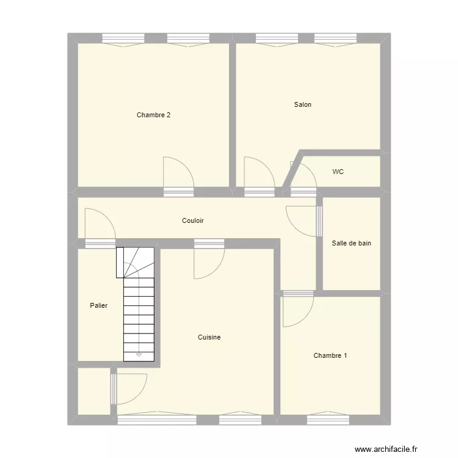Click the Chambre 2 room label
[153, 115]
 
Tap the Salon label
[302, 104]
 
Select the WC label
[338, 172]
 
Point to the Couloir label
[192, 220]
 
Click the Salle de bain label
[351, 243]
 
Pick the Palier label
[98, 305]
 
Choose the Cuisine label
[209, 337]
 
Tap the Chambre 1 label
[330, 355]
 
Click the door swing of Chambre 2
[178, 173]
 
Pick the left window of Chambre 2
[123, 38]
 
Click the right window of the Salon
[335, 38]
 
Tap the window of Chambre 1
[328, 420]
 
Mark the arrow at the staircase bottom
[139, 353]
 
